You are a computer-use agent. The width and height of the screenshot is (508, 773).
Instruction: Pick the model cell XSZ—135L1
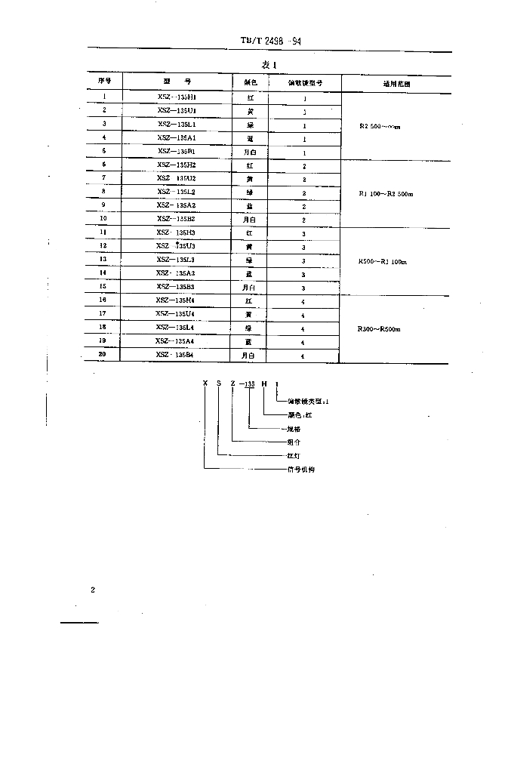coord(177,124)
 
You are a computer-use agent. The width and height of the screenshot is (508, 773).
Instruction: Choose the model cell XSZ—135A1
coord(177,137)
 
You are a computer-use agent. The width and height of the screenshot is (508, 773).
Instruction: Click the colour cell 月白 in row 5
coord(250,152)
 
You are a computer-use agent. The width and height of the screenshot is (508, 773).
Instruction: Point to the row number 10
coord(103,219)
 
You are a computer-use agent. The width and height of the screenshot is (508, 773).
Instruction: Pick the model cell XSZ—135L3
coord(177,259)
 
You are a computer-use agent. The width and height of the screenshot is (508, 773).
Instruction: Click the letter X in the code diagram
coord(204,384)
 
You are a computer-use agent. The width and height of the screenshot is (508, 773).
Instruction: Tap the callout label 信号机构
coord(300,470)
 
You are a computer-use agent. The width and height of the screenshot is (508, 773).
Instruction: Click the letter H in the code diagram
coord(263,384)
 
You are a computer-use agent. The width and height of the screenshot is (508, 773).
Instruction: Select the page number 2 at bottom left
coord(93,590)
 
